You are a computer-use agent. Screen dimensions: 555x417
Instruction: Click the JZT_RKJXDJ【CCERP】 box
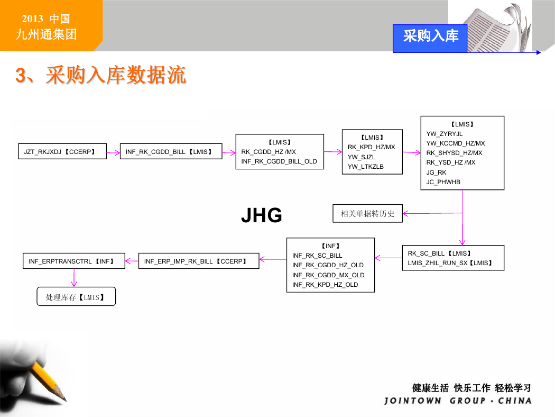pos(62,151)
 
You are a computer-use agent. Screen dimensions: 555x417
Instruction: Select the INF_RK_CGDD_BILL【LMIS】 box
pos(171,151)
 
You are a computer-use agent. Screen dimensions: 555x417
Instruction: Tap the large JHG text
pos(262,215)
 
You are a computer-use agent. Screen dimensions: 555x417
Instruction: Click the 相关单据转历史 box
pos(367,213)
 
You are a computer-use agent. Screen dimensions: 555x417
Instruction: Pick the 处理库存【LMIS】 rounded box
pos(76,296)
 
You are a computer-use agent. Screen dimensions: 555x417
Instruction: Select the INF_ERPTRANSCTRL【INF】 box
pos(74,261)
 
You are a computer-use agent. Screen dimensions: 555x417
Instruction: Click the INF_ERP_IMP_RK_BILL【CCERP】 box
pos(199,261)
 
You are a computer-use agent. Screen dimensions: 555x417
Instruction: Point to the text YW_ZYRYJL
pos(444,133)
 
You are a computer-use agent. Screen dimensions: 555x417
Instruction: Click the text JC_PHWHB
pos(443,182)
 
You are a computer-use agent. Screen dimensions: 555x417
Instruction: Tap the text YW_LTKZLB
pos(365,167)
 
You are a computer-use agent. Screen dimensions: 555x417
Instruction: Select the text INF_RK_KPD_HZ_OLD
pos(325,285)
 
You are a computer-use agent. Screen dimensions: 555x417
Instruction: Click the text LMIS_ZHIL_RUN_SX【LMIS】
pos(450,263)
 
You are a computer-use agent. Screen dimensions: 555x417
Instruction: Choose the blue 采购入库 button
pos(430,39)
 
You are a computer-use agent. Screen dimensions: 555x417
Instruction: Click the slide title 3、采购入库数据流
pos(100,75)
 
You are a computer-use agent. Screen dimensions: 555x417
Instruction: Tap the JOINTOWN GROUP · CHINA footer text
pos(458,401)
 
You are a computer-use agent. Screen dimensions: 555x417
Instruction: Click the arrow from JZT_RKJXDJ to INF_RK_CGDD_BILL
pos(113,153)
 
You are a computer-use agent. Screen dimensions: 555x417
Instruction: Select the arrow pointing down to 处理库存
pos(74,278)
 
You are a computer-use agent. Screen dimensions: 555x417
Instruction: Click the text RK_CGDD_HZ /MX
pos(269,152)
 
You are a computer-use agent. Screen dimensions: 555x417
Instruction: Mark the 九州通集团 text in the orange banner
pos(46,34)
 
